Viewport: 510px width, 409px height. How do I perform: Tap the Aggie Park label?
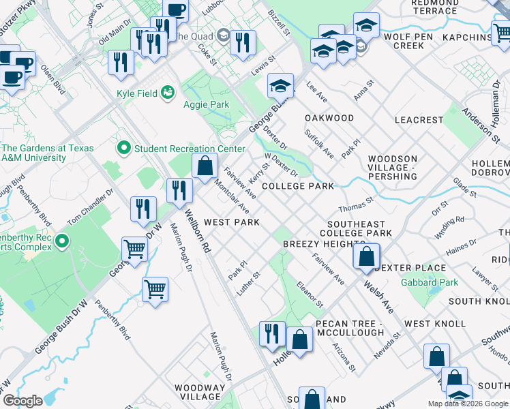(206, 104)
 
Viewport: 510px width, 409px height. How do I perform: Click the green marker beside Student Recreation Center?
(123, 147)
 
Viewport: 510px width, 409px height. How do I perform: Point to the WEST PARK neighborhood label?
(232, 222)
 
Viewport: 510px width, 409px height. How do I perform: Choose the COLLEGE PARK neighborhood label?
(298, 186)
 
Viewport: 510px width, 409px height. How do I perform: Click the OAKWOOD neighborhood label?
(329, 118)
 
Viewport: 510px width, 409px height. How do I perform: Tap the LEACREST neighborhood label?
(419, 120)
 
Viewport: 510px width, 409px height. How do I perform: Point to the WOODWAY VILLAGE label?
(199, 392)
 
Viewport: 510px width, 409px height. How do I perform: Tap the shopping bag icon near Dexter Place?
(366, 256)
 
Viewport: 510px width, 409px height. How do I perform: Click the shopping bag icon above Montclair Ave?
(205, 166)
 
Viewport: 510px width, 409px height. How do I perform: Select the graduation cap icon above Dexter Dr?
(280, 85)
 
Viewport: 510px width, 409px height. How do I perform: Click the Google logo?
(22, 400)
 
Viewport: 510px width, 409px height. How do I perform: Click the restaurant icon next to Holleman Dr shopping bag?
(273, 333)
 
